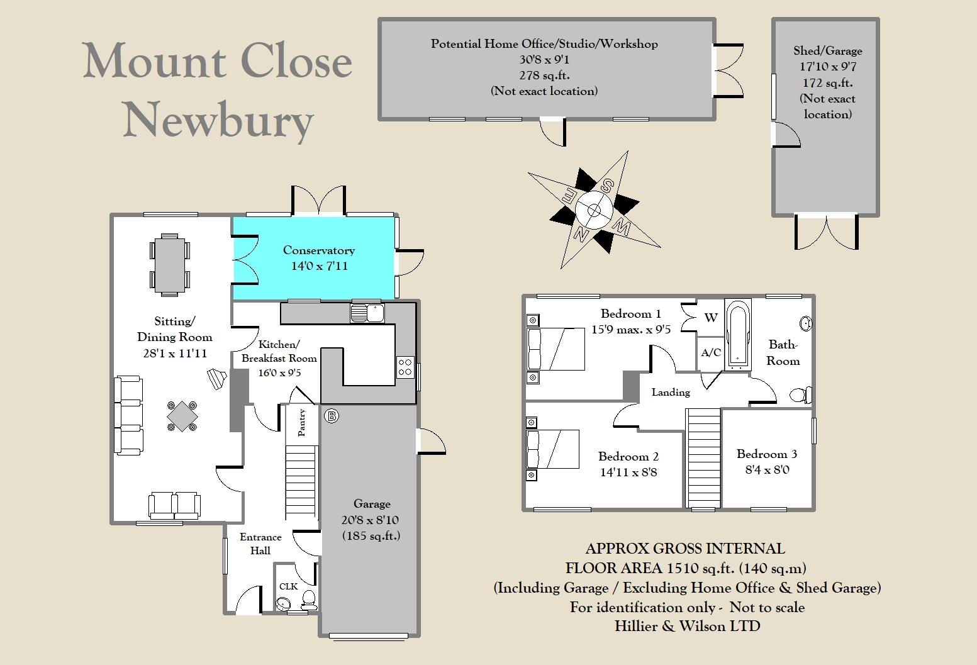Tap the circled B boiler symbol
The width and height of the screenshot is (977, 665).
click(332, 416)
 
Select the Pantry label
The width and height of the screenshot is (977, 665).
click(302, 422)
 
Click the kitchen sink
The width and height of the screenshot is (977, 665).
click(367, 313)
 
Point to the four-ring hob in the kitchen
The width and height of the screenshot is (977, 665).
click(405, 367)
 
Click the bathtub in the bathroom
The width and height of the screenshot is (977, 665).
click(737, 333)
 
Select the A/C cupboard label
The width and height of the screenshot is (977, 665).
click(711, 352)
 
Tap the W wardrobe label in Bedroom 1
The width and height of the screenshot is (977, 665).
click(711, 318)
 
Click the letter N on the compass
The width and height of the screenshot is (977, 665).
click(581, 235)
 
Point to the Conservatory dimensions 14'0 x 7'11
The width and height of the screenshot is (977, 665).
click(319, 266)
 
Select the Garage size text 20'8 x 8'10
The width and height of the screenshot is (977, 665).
click(372, 520)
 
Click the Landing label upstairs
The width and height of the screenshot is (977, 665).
click(671, 392)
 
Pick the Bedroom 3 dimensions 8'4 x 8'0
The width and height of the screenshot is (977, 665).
click(767, 470)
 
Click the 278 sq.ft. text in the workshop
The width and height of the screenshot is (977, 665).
click(544, 75)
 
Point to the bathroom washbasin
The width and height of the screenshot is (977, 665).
click(805, 323)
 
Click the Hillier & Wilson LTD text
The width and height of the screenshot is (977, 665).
click(687, 627)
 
